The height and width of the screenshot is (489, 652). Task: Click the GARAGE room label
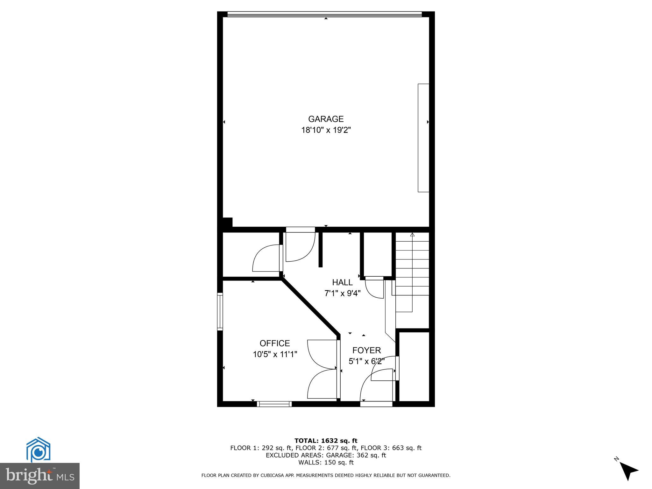pos(326,119)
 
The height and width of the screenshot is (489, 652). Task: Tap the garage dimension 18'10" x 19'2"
pos(326,130)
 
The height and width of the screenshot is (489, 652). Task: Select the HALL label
pos(342,282)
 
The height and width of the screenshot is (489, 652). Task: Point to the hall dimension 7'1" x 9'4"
pos(342,293)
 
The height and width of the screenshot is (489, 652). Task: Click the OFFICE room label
pos(275,343)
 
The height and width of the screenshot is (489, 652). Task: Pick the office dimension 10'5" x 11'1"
pos(275,354)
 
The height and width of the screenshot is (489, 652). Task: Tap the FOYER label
pos(366,351)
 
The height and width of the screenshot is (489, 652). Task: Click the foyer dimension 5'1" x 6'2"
pos(366,361)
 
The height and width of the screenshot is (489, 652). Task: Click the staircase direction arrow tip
pos(412,235)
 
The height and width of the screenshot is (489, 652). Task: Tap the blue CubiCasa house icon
pos(38,450)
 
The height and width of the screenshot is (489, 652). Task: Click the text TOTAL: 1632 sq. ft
pos(326,441)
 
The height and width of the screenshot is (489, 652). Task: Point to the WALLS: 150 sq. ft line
pos(326,463)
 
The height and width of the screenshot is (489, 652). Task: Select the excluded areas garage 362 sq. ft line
pos(326,455)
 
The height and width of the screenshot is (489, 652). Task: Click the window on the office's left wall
pos(220,311)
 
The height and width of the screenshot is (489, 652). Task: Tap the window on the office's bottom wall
pos(274,404)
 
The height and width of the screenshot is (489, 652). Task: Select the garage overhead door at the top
pos(324,14)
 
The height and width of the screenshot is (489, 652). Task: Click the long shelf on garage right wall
pos(423,138)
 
